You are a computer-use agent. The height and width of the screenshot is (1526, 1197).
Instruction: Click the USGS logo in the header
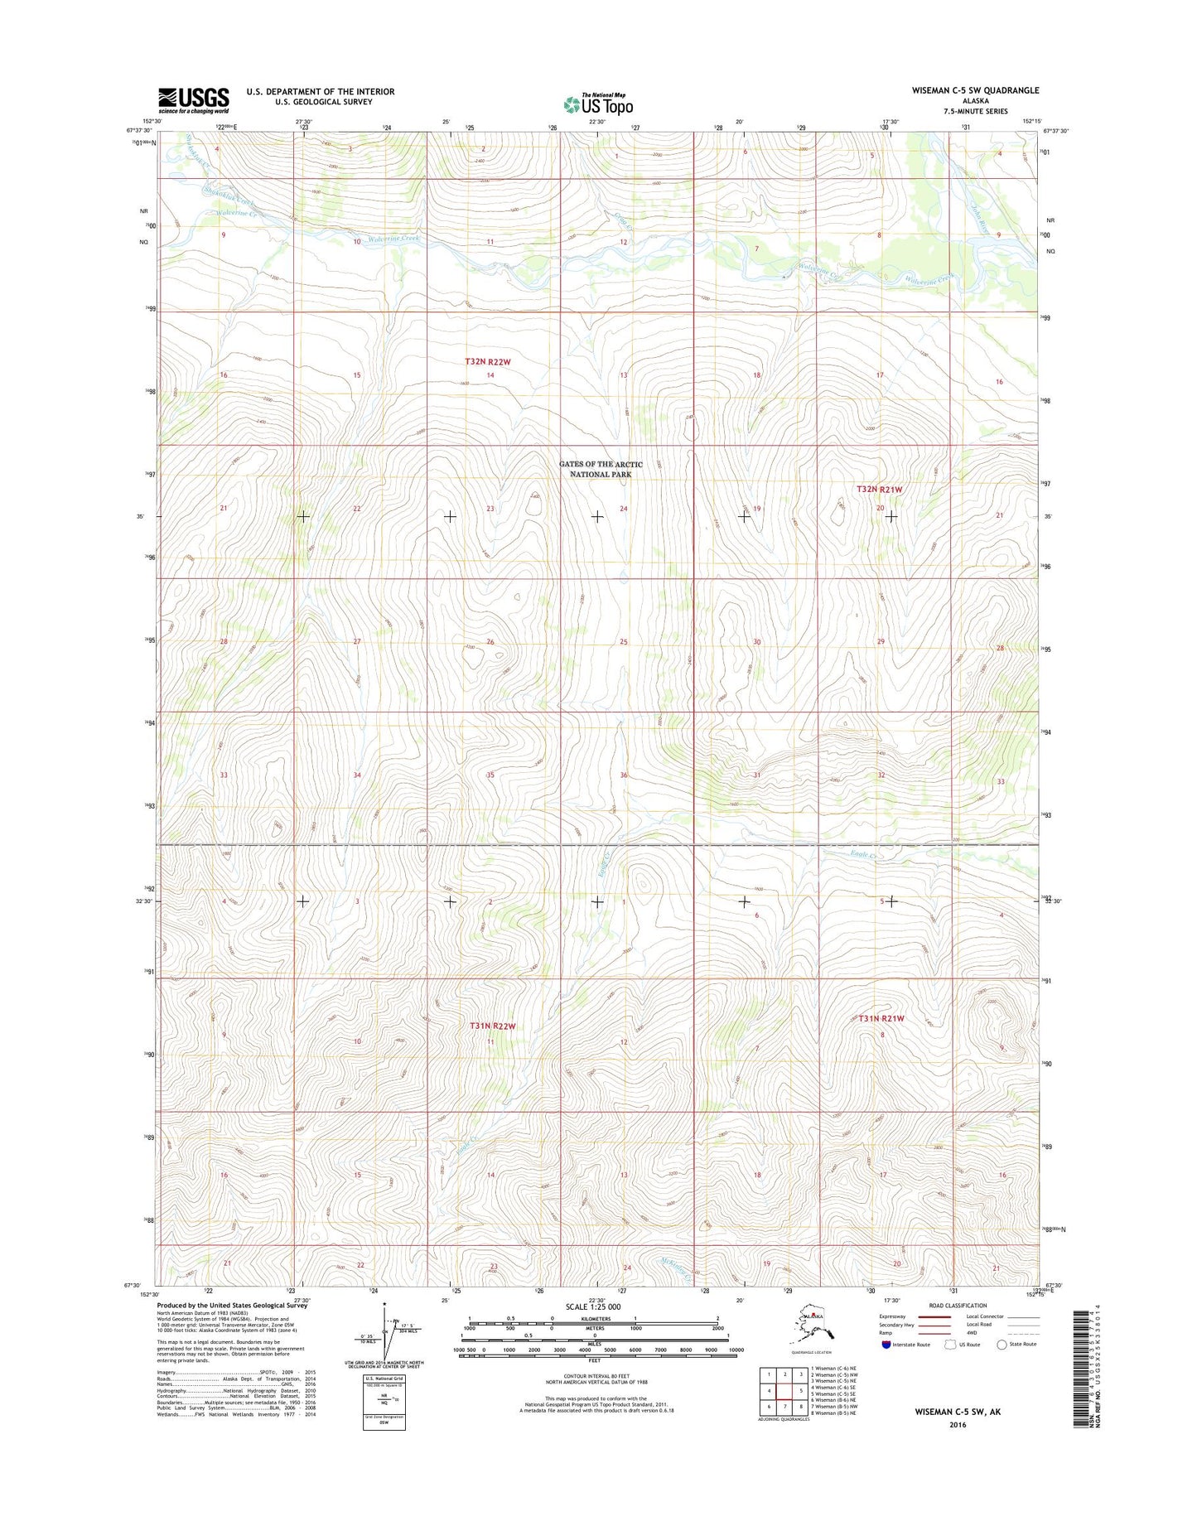193,100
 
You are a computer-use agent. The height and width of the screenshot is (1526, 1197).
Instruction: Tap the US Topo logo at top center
598,104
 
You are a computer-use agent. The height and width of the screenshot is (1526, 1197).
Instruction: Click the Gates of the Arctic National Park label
600,470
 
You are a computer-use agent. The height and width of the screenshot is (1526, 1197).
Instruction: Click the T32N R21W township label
879,490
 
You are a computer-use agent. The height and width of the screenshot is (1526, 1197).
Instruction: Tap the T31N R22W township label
492,1026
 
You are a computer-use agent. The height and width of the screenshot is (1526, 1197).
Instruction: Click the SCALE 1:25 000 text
592,1306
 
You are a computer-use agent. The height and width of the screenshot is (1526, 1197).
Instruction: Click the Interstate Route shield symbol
886,1345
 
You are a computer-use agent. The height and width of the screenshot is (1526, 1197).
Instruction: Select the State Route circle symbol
1002,1345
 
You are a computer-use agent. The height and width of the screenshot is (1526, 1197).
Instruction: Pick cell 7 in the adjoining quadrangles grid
784,1407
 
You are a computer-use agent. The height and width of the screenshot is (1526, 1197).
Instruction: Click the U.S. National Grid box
384,1399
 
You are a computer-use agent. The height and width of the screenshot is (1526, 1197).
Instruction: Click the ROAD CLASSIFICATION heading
957,1306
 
